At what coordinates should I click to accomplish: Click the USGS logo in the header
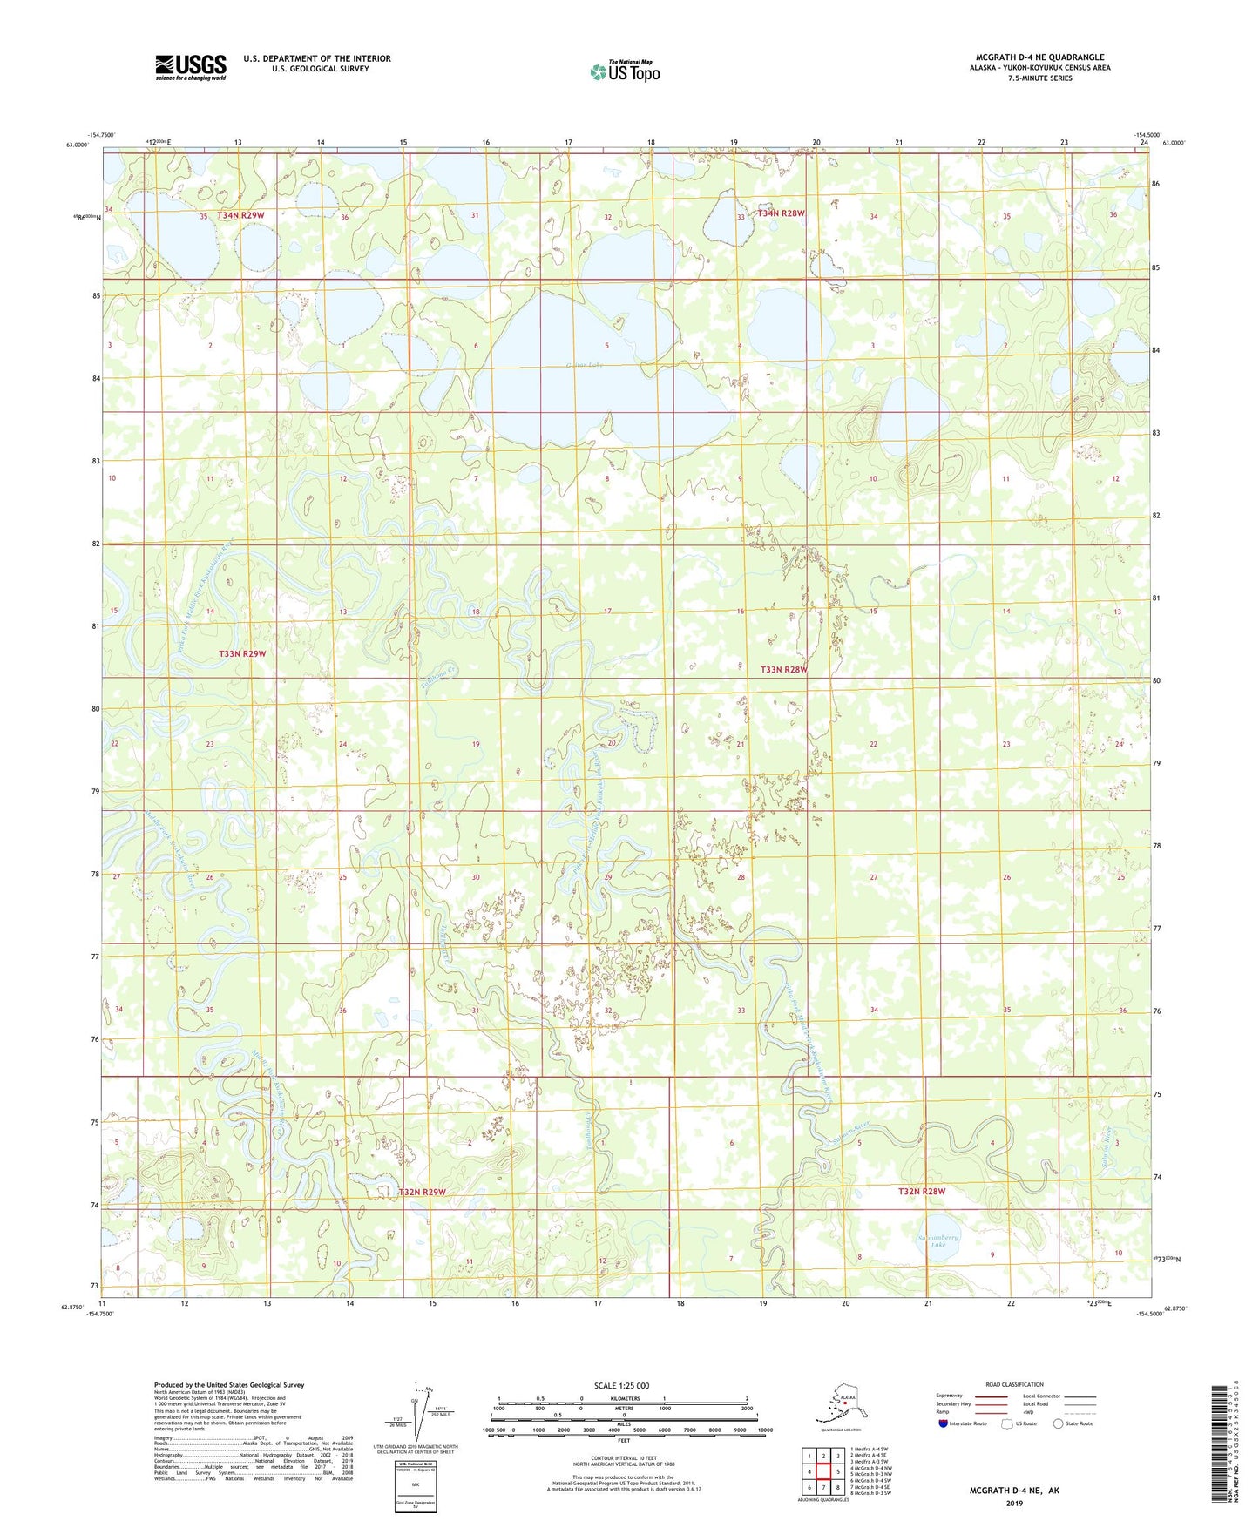(x=190, y=66)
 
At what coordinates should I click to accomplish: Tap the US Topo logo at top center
(x=624, y=71)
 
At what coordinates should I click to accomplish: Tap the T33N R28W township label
(x=783, y=669)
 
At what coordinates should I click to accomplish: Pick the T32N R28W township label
(x=922, y=1191)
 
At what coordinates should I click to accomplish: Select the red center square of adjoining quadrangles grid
(x=822, y=1473)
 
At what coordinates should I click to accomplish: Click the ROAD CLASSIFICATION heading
(x=1014, y=1384)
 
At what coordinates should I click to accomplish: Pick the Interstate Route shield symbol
(x=943, y=1423)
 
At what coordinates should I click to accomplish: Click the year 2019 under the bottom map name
(x=1014, y=1503)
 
